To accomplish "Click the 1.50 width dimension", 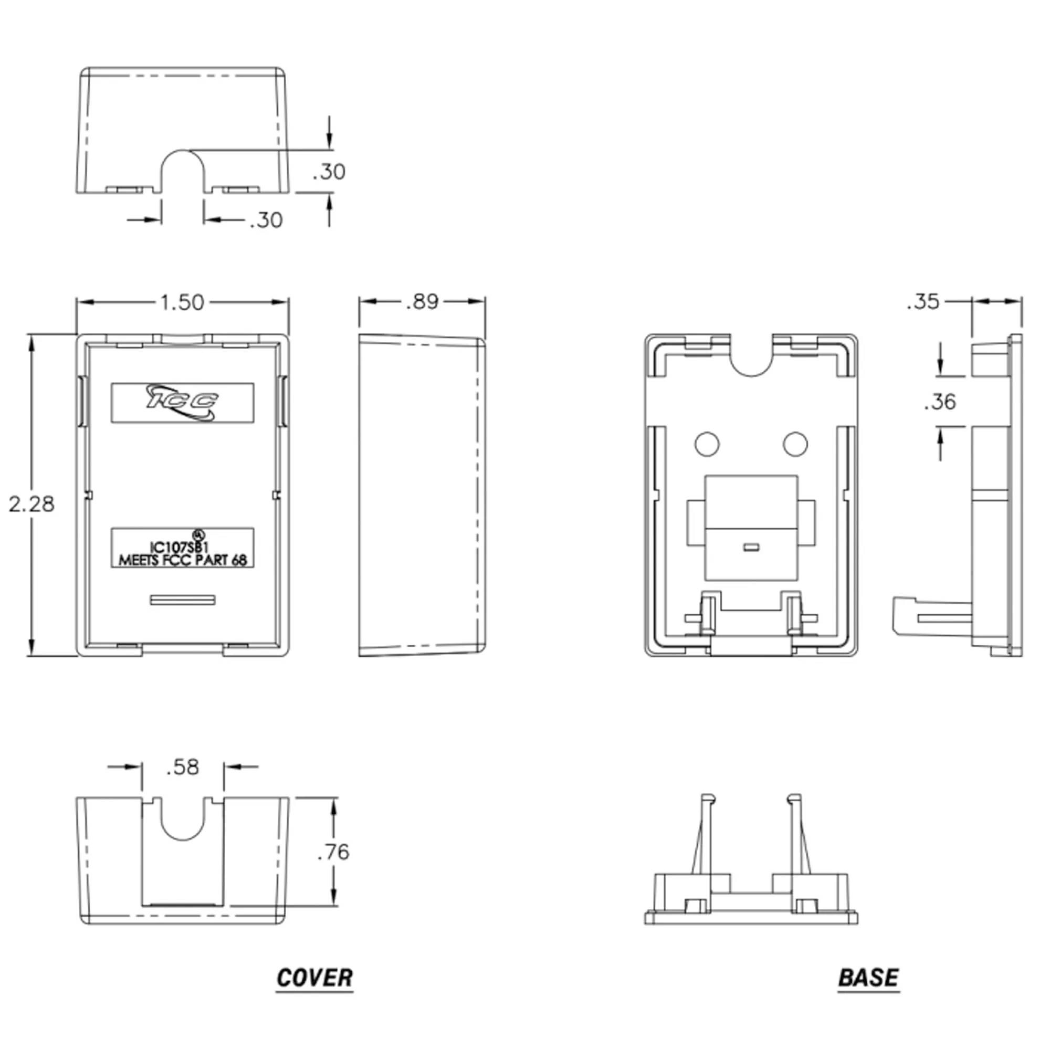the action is (x=182, y=302).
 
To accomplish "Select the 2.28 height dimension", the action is (x=31, y=505).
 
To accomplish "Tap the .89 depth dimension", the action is (x=422, y=302).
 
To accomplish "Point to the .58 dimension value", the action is (x=183, y=767).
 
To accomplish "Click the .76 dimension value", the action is (x=333, y=852).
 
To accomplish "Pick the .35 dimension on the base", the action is (x=923, y=302).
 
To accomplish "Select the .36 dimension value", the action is (x=940, y=402).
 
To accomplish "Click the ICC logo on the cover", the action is (x=183, y=403).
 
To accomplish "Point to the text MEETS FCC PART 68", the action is (x=183, y=560).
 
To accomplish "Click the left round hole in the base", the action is (x=707, y=444).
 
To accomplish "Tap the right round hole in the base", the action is (x=795, y=444).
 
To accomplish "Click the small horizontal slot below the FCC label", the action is (x=183, y=600).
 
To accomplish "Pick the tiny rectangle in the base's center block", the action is (x=751, y=547).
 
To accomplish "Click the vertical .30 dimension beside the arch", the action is (x=329, y=172).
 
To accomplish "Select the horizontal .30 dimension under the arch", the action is (x=266, y=220).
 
